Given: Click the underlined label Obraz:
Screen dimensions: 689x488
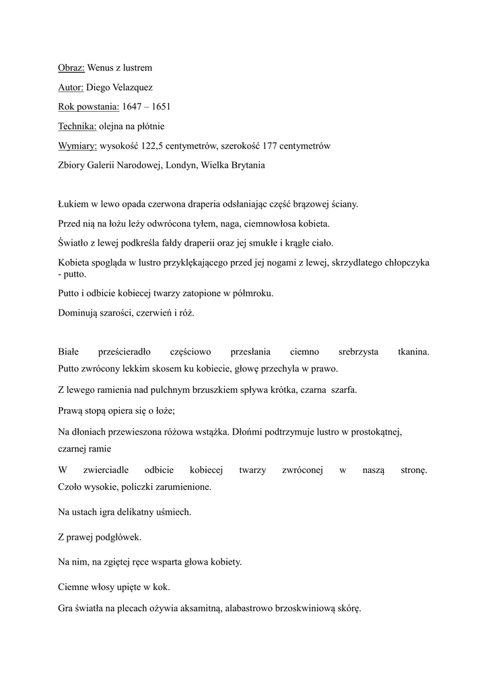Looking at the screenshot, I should [x=71, y=68].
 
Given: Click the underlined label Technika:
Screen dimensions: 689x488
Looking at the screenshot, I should [x=77, y=126].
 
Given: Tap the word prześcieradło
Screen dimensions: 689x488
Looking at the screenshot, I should [x=125, y=352].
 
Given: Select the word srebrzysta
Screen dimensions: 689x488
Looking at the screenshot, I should [x=358, y=352].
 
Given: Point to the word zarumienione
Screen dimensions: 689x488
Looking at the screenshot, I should [x=181, y=486].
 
